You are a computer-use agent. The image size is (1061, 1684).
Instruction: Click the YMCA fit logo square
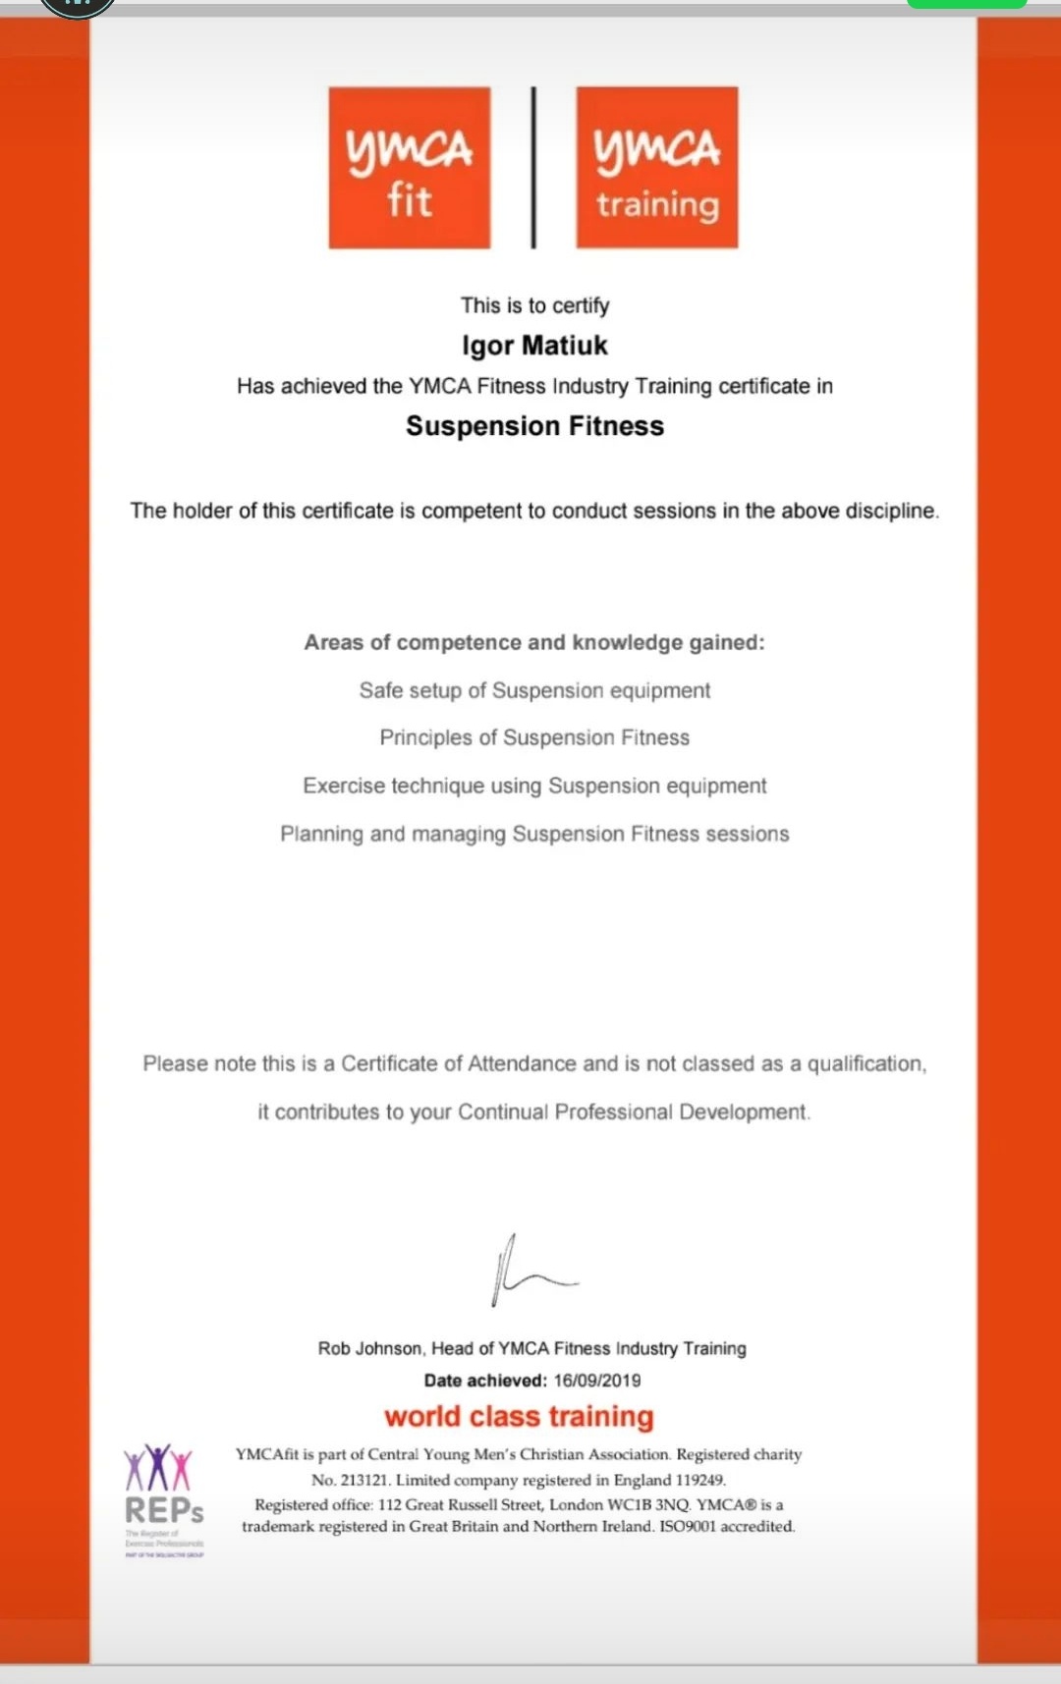[409, 167]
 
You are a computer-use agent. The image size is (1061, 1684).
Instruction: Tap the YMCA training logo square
[656, 167]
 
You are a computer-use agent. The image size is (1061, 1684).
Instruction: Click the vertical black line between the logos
[533, 167]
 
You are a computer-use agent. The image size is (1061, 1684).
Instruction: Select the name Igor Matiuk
[534, 346]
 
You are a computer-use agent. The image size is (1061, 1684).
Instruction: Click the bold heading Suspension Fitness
[534, 426]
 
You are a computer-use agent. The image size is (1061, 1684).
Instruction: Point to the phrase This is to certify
[534, 305]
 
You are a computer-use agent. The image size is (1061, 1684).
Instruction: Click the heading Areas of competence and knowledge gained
[533, 642]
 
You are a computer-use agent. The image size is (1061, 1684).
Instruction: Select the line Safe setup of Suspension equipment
[534, 690]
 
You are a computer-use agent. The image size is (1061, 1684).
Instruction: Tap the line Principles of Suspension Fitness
[534, 737]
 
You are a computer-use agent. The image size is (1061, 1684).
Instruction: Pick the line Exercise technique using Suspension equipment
[534, 786]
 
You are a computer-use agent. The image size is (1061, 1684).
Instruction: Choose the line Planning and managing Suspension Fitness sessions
[534, 834]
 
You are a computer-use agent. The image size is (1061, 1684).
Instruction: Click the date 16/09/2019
[597, 1381]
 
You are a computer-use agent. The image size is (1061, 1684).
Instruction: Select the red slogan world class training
[519, 1416]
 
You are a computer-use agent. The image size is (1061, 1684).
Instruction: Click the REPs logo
[163, 1497]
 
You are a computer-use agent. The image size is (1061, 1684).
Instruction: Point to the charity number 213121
[364, 1480]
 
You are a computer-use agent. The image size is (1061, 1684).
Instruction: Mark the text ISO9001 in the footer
[687, 1526]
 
